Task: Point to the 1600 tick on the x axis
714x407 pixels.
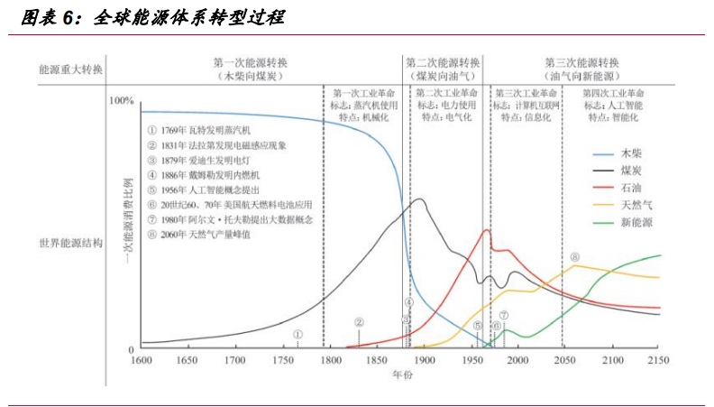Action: click(141, 361)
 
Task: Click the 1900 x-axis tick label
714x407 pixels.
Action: click(424, 361)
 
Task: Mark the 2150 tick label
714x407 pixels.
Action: click(661, 361)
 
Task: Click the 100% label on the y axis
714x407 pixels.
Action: click(121, 101)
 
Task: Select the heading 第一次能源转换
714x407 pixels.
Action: click(251, 62)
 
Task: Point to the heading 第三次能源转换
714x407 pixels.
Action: click(582, 62)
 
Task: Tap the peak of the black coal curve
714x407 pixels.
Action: click(420, 199)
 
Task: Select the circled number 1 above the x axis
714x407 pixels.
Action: click(297, 333)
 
